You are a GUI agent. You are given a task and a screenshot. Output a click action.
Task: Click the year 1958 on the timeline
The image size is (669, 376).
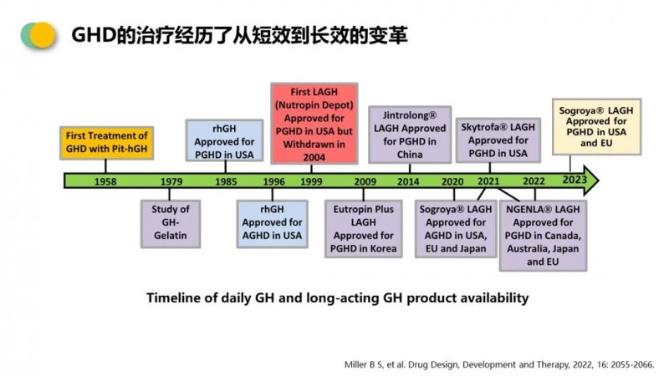105,181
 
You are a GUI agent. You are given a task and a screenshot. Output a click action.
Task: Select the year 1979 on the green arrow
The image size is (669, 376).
171,181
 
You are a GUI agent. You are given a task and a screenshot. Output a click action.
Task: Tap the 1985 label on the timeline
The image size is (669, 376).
226,181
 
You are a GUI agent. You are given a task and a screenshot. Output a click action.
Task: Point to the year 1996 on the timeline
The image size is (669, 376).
273,181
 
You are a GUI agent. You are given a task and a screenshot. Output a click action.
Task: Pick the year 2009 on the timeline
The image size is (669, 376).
365,181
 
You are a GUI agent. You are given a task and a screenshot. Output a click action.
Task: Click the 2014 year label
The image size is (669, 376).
408,181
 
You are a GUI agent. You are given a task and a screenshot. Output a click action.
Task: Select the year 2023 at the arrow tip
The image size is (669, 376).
575,180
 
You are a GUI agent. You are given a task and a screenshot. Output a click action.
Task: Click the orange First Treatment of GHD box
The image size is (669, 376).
107,143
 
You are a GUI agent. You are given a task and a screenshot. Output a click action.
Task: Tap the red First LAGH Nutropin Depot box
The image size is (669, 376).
314,124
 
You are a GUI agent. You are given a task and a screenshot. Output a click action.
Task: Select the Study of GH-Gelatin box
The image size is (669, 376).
171,224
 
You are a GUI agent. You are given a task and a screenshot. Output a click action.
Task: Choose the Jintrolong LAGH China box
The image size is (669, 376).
410,135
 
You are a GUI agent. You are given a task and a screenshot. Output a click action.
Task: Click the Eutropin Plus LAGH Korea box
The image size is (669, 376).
364,229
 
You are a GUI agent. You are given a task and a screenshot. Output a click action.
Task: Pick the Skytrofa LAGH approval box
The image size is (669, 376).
498,140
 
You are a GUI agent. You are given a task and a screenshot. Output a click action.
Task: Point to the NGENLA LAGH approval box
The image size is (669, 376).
543,236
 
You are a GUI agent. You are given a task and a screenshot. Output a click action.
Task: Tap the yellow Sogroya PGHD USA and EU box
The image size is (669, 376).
596,127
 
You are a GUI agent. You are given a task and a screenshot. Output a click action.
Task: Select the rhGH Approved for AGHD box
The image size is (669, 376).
273,224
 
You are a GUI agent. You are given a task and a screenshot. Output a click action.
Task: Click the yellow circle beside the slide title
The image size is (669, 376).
43,35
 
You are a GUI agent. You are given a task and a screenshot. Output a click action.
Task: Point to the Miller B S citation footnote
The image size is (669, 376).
499,364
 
